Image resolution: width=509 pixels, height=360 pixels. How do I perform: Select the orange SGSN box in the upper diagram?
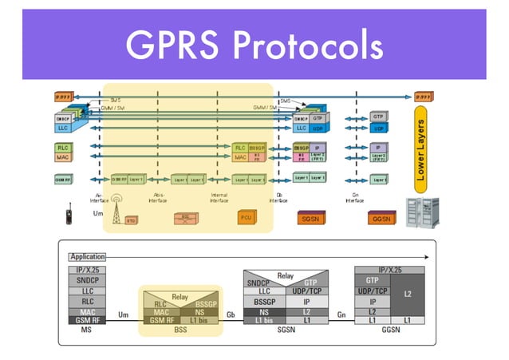point(310,217)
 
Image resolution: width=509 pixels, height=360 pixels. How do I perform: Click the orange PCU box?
point(245,217)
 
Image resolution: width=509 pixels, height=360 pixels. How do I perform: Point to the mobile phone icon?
point(70,215)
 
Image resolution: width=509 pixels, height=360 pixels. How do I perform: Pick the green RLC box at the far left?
point(62,148)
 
